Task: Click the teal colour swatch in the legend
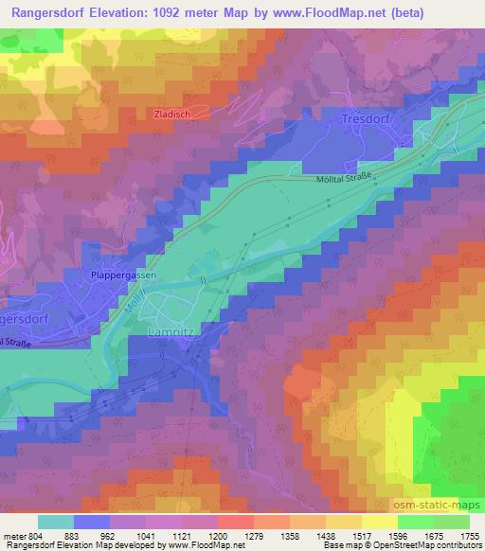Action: [x=56, y=521]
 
